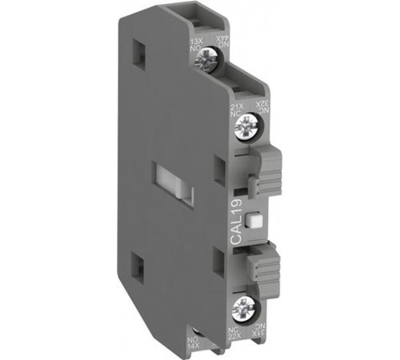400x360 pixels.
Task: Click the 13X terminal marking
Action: pyautogui.click(x=194, y=42)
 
